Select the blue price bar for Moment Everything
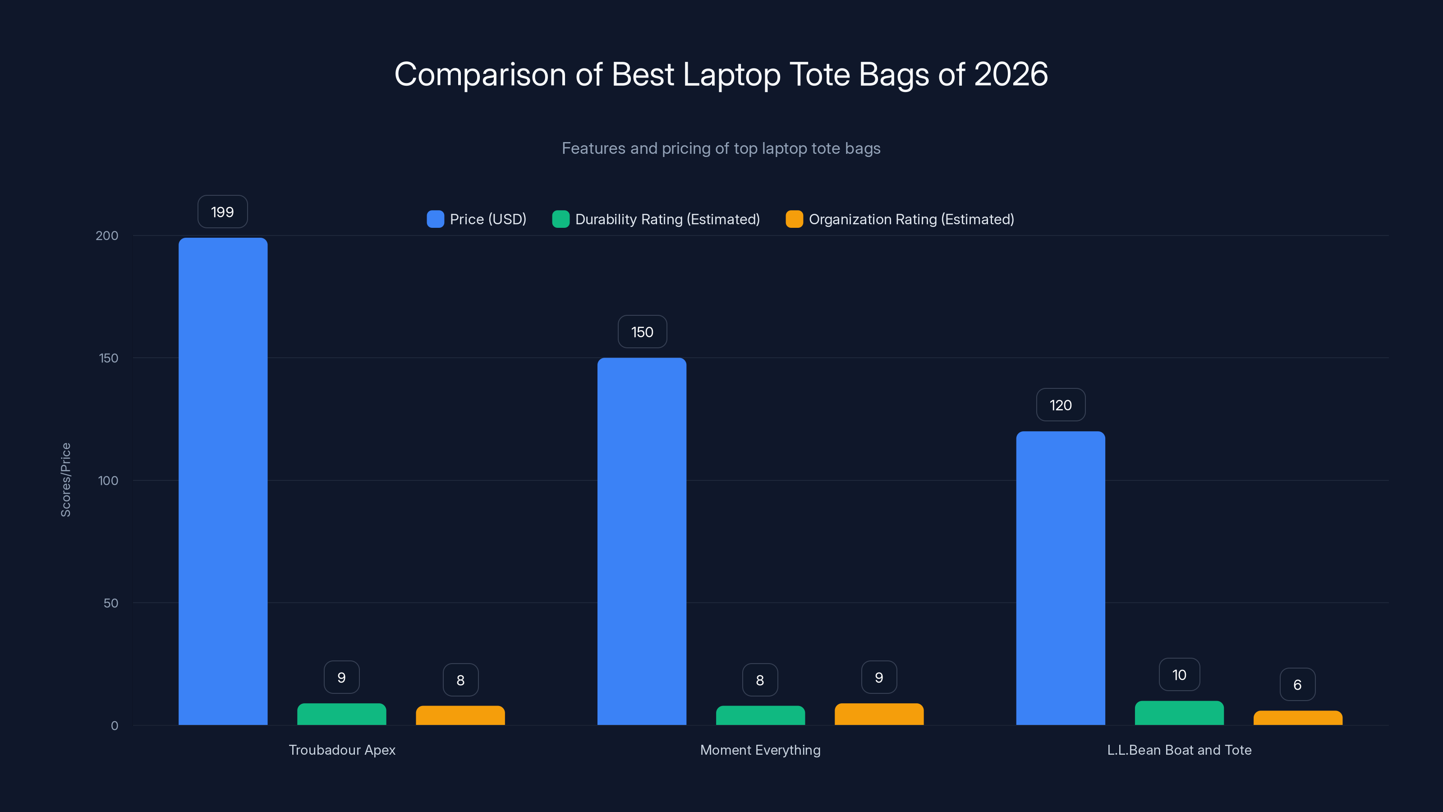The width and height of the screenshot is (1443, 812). coord(641,541)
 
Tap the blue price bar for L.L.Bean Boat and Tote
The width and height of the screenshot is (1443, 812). coord(1061,578)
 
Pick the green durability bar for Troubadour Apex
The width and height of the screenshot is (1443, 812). coord(341,714)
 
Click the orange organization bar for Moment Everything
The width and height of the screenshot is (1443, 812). coord(879,714)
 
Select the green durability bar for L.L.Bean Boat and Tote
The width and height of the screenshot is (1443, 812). coord(1179,713)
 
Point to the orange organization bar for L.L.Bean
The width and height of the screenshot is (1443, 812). coord(1297,718)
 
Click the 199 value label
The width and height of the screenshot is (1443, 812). coord(222,212)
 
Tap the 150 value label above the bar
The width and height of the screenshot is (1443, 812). coord(642,332)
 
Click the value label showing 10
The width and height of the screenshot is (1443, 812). coord(1179,675)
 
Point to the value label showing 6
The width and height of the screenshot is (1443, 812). coord(1297,684)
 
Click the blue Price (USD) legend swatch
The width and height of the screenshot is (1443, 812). coord(435,219)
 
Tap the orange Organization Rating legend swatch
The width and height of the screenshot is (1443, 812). coord(794,219)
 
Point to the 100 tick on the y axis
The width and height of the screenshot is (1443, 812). coord(108,480)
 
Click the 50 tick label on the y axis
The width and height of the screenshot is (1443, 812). coord(111,603)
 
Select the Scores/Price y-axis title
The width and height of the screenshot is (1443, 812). coord(65,480)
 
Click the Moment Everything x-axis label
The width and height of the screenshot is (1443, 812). coord(760,750)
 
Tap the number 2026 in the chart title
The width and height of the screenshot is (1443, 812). coord(1011,74)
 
